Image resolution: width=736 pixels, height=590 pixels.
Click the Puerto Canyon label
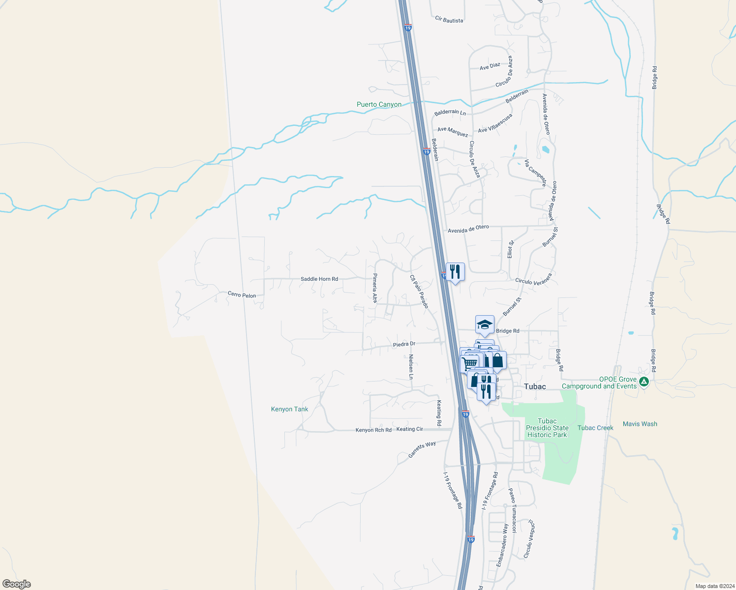(379, 104)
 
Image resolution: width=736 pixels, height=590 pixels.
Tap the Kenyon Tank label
(289, 409)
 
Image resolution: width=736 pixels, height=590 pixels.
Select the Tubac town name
(535, 386)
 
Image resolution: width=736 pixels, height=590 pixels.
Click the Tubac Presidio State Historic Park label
(547, 428)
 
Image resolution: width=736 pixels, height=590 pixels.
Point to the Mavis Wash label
(640, 424)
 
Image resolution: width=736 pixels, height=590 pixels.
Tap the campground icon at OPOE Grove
(644, 381)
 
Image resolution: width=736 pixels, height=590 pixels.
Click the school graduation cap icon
(485, 325)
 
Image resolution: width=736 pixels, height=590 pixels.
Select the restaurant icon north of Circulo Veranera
(455, 272)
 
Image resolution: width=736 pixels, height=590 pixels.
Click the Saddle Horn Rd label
(319, 279)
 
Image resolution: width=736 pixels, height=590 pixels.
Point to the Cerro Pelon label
(242, 295)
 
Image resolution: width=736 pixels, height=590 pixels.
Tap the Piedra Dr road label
(404, 344)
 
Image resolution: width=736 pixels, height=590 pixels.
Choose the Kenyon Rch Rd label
(373, 430)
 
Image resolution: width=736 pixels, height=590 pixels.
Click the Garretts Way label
(422, 450)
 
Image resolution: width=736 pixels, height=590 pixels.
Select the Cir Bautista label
(449, 20)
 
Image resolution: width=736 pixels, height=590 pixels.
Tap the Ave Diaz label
(490, 66)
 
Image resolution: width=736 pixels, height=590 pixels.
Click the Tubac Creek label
(595, 428)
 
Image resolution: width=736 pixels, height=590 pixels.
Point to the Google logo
(17, 584)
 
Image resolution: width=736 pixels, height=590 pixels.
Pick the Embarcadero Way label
(502, 545)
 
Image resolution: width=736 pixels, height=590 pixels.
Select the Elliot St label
(511, 249)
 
